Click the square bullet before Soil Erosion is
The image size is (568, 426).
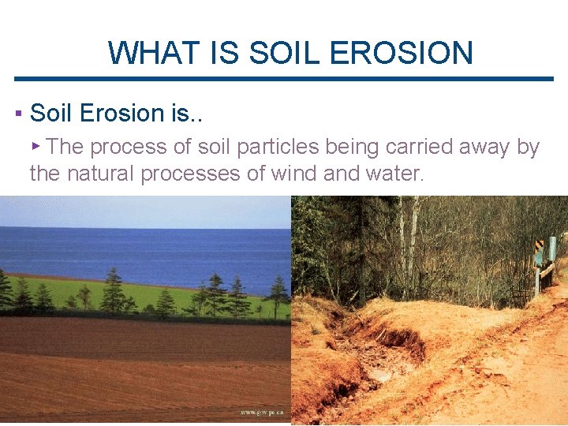17,114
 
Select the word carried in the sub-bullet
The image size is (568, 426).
440,147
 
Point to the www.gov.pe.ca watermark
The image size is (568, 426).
263,413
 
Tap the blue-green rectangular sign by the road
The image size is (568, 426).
552,251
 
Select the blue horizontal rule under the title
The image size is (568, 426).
284,79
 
